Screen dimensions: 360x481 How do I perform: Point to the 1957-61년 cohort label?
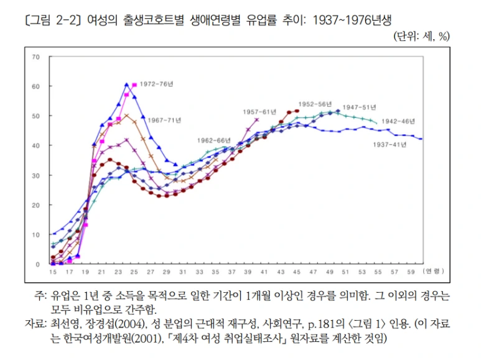[x=259, y=111]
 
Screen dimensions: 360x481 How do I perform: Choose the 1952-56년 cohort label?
[x=315, y=104]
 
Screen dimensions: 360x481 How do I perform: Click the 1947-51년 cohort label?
[x=360, y=107]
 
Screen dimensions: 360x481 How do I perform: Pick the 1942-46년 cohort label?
[x=398, y=121]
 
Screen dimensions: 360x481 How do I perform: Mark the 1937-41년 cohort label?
[x=390, y=144]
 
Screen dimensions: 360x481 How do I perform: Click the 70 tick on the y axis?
[x=35, y=57]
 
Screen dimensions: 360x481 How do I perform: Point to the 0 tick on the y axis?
[x=37, y=264]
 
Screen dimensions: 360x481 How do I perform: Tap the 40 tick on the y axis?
[x=35, y=145]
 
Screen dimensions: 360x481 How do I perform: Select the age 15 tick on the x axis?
[x=53, y=272]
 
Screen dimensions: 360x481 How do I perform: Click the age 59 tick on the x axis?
[x=410, y=272]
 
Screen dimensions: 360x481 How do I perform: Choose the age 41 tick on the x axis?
[x=264, y=272]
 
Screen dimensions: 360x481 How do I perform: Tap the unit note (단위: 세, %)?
[x=421, y=36]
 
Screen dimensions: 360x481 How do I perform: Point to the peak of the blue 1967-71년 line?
[x=126, y=84]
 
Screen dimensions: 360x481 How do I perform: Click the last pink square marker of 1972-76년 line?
[x=134, y=85]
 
